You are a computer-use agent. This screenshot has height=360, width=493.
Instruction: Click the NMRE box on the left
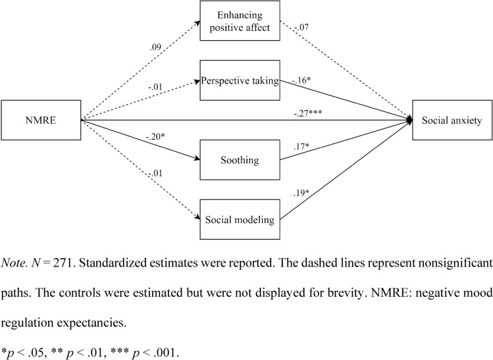[41, 120]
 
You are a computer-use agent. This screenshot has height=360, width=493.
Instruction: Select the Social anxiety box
[452, 120]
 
